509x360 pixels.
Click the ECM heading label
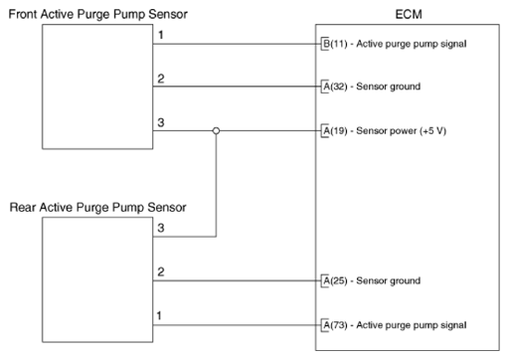409,14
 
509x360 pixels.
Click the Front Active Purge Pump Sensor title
98,14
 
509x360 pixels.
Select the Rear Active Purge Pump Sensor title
98,208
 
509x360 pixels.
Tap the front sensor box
97,87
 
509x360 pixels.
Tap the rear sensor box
97,279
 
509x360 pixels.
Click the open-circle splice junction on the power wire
216,131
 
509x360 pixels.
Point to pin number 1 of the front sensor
161,35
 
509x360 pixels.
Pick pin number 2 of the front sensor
161,79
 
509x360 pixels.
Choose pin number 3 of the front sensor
161,122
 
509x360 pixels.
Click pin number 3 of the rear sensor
161,228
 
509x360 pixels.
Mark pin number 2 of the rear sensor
161,272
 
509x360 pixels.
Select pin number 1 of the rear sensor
159,315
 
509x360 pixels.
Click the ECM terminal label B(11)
335,44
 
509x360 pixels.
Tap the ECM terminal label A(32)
335,87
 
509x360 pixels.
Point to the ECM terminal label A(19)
335,131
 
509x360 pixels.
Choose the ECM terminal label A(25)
335,281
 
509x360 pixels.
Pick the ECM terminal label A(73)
335,325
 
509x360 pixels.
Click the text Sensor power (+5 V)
402,131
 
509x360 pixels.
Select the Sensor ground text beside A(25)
389,281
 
